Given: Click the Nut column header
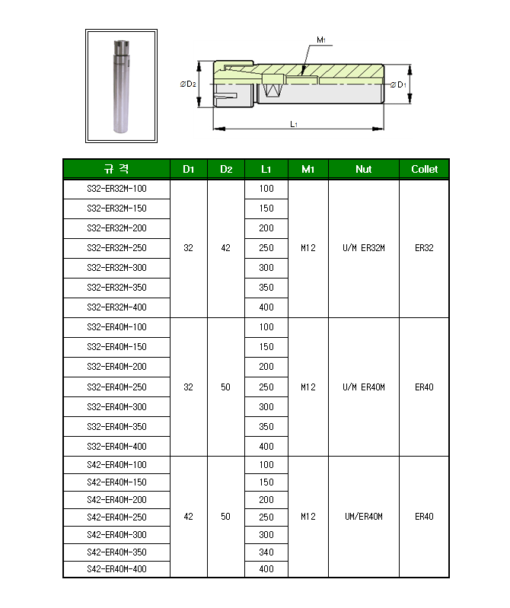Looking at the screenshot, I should click(363, 169).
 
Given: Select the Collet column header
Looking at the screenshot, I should click(424, 169).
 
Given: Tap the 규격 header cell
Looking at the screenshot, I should click(116, 169).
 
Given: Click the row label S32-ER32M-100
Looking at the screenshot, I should click(116, 189).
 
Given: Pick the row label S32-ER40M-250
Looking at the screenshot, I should click(116, 387).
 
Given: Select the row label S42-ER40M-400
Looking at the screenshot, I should click(116, 569).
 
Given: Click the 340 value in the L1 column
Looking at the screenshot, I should click(266, 552).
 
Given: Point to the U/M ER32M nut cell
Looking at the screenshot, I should click(363, 248).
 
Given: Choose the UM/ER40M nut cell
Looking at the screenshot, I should click(363, 517).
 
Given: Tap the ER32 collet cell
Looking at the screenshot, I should click(424, 248).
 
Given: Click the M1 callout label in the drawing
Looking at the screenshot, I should click(321, 40).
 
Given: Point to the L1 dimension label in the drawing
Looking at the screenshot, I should click(295, 123).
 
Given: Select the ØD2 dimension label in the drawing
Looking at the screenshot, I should click(188, 84).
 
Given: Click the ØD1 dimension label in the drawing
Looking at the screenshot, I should click(398, 84).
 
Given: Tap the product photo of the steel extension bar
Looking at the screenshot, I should click(121, 85).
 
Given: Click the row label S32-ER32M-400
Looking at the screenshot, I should click(116, 307).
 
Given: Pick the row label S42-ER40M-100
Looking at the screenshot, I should click(116, 465).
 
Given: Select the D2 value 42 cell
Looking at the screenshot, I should click(225, 248).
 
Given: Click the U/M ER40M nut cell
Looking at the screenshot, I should click(363, 387).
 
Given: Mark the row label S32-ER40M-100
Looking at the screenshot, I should click(116, 327).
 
